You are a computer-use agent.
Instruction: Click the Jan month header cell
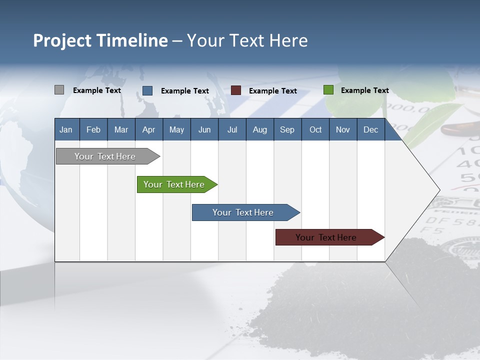(x=66, y=130)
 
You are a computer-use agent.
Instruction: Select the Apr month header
(x=149, y=130)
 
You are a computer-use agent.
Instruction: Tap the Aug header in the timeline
(x=260, y=130)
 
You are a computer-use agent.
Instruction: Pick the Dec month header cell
(x=371, y=130)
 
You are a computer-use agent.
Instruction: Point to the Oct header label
(x=315, y=130)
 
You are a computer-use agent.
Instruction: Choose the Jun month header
(x=204, y=130)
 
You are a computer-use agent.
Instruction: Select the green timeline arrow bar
(x=175, y=184)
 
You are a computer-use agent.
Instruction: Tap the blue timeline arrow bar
(x=243, y=212)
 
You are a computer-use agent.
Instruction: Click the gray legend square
(x=59, y=90)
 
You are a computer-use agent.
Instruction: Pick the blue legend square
(x=147, y=90)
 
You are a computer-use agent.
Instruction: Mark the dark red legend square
(x=236, y=90)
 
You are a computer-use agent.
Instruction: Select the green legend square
(x=328, y=90)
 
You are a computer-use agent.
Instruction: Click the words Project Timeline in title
(x=100, y=40)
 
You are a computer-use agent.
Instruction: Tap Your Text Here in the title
(x=247, y=40)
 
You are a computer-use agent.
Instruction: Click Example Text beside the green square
(x=364, y=90)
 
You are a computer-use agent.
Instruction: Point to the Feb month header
(x=93, y=130)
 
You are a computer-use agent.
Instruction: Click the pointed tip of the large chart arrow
(x=438, y=190)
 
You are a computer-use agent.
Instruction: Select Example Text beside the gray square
(x=96, y=90)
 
